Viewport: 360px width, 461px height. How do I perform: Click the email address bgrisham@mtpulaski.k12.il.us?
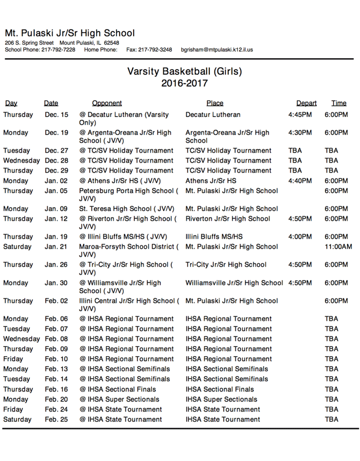point(217,50)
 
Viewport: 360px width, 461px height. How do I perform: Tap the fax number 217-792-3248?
point(155,50)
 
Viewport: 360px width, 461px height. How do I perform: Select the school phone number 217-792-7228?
point(58,50)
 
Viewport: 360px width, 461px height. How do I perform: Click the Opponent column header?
point(107,103)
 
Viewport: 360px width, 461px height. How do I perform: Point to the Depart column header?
point(306,103)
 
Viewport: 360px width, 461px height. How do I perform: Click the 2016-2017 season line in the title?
point(184,83)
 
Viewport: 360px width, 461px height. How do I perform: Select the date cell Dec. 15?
point(57,115)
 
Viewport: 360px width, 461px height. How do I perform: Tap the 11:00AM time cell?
point(338,247)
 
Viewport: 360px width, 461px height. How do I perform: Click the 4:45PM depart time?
point(300,115)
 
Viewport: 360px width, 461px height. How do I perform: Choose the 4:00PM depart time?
point(300,237)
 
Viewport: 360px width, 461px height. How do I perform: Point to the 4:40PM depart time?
point(300,181)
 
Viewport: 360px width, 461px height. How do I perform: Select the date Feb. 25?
point(57,420)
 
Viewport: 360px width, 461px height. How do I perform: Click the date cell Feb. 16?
point(57,389)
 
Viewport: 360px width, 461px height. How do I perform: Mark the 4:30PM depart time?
point(300,133)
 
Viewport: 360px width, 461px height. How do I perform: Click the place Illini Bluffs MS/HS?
point(214,237)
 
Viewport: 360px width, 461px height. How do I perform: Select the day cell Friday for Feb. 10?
point(13,359)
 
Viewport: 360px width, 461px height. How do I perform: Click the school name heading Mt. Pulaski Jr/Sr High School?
point(70,33)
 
